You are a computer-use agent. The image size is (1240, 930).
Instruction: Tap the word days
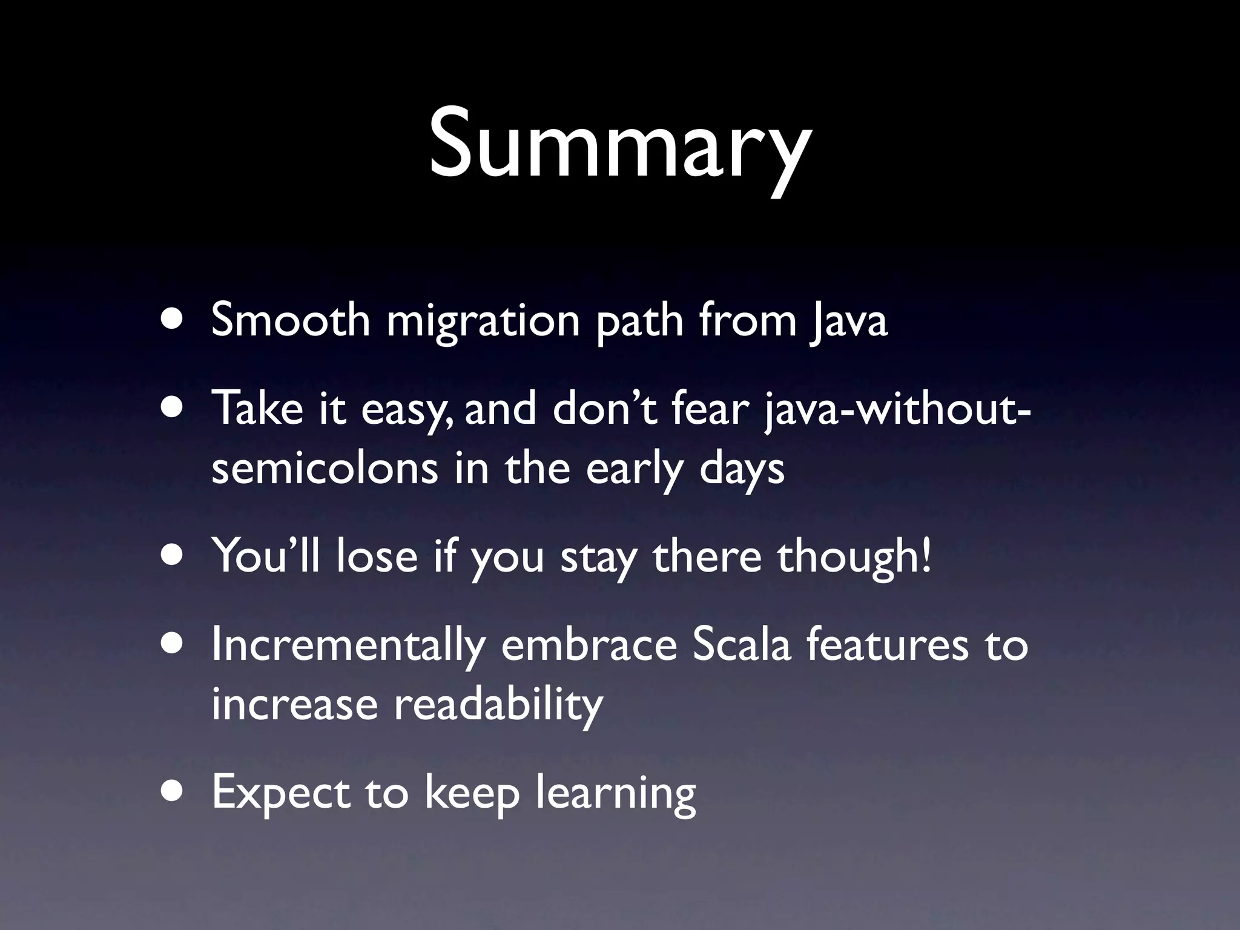point(741,470)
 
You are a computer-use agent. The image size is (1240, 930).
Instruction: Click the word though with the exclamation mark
point(854,557)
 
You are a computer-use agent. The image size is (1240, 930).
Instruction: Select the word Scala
point(741,644)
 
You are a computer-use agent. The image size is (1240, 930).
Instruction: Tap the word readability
point(498,705)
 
